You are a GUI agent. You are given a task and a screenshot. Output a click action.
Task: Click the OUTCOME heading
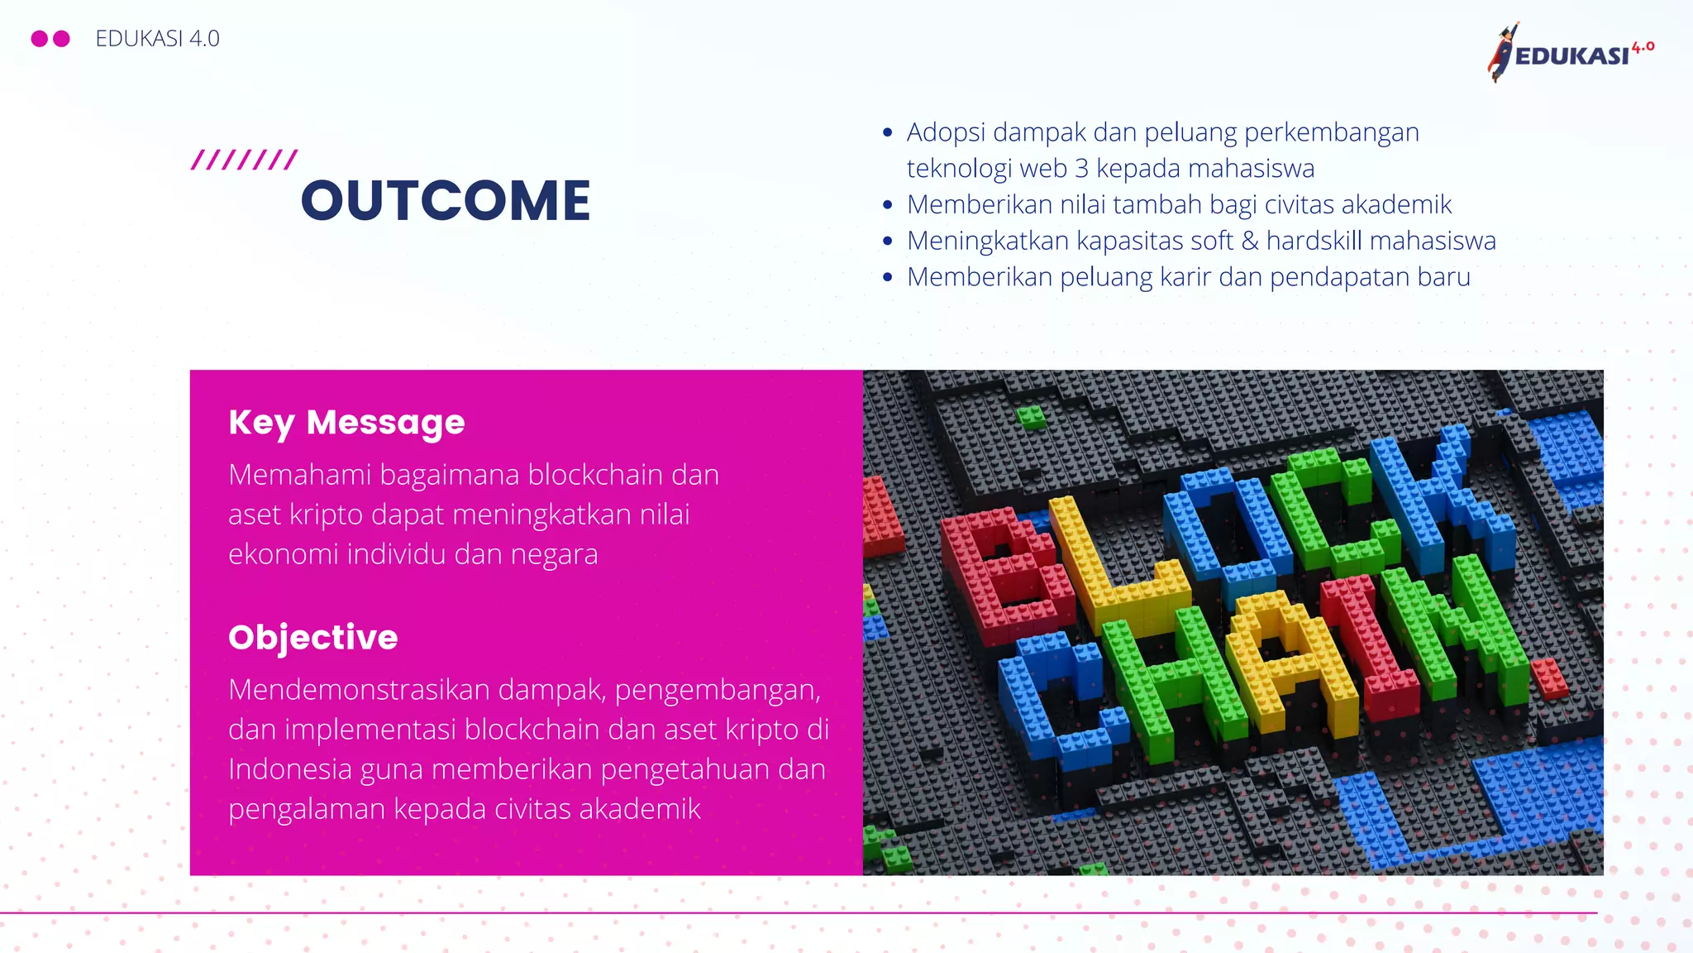pos(446,201)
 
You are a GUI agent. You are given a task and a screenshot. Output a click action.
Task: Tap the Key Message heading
pos(346,422)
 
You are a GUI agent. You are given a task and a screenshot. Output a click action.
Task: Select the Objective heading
pos(312,637)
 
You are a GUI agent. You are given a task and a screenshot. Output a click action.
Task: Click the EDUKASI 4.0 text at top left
pos(157,39)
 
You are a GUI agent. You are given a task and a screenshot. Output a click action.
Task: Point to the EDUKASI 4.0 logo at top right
pos(1571,52)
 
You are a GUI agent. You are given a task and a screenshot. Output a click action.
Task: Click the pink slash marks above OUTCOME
pos(244,160)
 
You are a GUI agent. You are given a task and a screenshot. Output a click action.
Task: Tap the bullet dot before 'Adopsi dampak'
pos(888,132)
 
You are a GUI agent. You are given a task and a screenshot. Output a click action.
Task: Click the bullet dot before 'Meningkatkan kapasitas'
pos(888,242)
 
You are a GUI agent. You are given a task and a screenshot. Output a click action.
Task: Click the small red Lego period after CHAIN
pos(1548,678)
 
